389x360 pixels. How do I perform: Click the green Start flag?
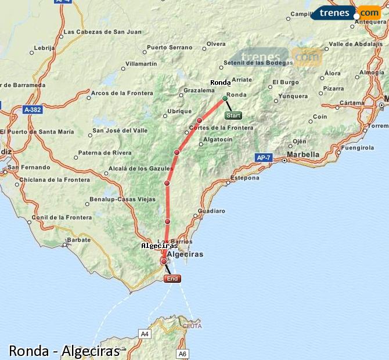(x=233, y=115)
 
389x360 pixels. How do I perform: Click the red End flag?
(x=172, y=279)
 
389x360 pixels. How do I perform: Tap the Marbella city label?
(x=303, y=154)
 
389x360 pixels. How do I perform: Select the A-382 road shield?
(x=33, y=109)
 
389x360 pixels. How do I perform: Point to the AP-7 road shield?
(x=264, y=157)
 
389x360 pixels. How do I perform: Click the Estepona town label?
(x=244, y=178)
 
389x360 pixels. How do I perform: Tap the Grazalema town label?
(x=199, y=91)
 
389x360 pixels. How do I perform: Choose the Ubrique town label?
(x=179, y=111)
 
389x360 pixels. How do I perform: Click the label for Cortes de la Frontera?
(x=221, y=128)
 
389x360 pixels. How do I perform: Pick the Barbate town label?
(x=78, y=239)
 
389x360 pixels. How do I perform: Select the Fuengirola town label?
(x=358, y=147)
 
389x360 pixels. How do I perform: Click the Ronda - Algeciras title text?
(x=64, y=351)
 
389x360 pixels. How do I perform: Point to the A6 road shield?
(x=183, y=353)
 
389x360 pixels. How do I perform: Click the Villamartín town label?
(x=141, y=63)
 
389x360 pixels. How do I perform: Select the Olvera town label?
(x=216, y=44)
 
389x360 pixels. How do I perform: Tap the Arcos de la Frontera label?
(x=122, y=93)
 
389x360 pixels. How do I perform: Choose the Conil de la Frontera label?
(x=62, y=217)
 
